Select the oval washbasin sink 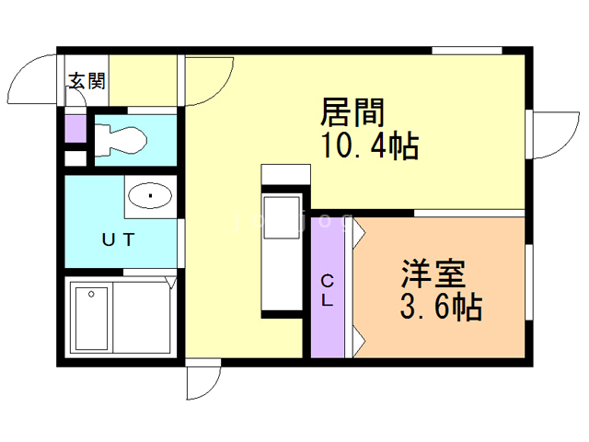click(x=149, y=195)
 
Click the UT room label click(x=119, y=240)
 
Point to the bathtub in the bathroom click(x=92, y=318)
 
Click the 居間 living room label click(x=352, y=114)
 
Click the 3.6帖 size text click(x=441, y=307)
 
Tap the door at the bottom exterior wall click(x=202, y=381)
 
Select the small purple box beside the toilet click(x=75, y=127)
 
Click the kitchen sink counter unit click(x=282, y=254)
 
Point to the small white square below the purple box click(x=75, y=157)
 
